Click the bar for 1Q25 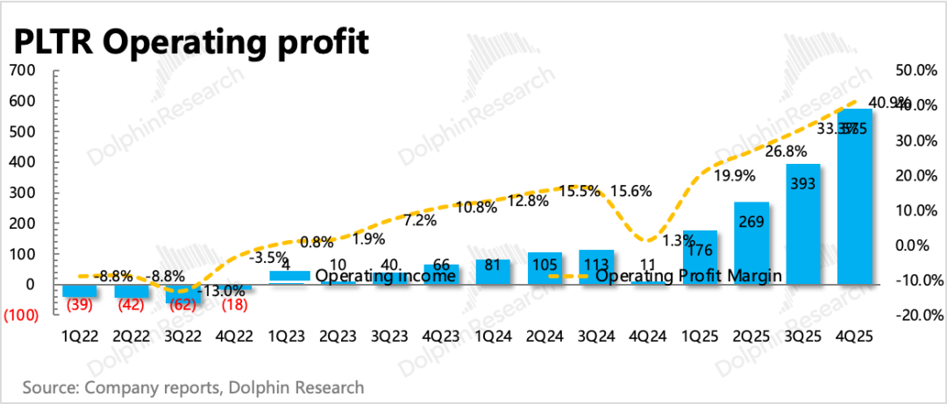point(700,258)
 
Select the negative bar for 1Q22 point(79,291)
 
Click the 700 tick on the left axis point(24,70)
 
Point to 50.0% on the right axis point(914,70)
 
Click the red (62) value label point(182,305)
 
